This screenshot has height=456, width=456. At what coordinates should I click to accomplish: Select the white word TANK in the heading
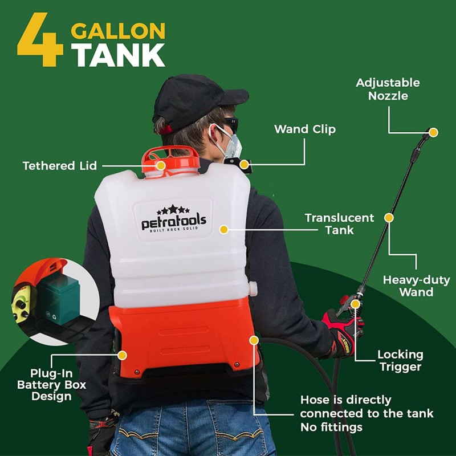(x=118, y=55)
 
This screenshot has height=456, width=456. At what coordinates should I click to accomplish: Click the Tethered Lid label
(x=60, y=166)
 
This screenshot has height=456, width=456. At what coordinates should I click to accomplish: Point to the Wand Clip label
(x=305, y=129)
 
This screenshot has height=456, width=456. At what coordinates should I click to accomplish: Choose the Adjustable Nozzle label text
(x=388, y=89)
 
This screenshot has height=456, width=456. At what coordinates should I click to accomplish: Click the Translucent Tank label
(x=339, y=224)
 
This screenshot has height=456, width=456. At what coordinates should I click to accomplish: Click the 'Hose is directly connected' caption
(x=367, y=413)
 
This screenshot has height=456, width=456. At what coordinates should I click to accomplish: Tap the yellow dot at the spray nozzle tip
(x=433, y=132)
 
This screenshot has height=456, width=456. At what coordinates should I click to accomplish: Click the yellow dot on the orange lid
(x=161, y=165)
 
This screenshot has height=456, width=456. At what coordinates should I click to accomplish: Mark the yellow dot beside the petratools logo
(x=224, y=229)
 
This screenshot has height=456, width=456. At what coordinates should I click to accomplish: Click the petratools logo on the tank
(x=174, y=219)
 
